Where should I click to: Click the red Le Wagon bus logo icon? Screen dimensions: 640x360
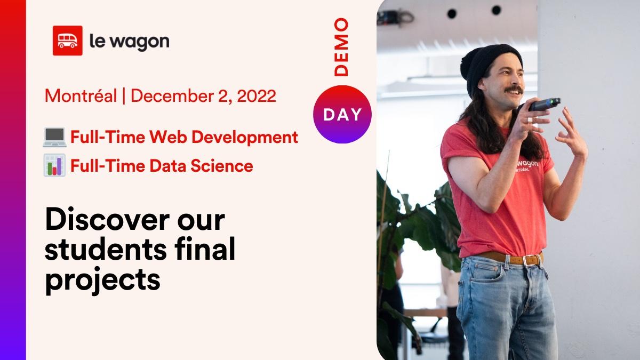67,41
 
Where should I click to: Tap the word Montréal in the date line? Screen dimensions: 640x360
81,95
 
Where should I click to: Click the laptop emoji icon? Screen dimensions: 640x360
54,138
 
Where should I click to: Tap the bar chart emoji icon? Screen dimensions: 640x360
54,165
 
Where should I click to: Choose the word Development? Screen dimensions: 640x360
245,138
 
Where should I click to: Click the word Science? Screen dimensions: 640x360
222,166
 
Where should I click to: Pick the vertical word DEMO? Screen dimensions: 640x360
341,47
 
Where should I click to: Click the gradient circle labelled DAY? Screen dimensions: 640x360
342,114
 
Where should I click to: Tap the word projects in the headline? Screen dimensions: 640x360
103,280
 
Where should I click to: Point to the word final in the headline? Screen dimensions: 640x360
205,248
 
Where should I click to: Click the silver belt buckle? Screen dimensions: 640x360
531,260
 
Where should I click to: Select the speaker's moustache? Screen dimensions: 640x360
514,90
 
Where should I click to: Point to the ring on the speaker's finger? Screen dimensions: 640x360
530,119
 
